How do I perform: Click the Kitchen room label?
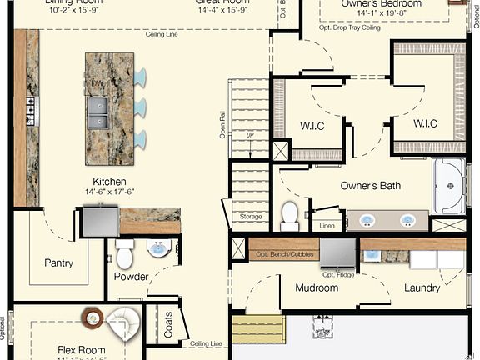point(109,182)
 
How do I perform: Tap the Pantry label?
point(58,263)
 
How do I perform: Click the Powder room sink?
point(158,247)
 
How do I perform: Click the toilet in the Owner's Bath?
point(290,214)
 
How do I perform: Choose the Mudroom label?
point(317,288)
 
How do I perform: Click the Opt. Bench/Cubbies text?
point(283,252)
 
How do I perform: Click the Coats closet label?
point(169,325)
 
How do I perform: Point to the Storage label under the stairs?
point(251,217)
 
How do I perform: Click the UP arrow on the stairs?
point(249,135)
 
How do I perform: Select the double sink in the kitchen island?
point(97,112)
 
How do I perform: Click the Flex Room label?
point(82,350)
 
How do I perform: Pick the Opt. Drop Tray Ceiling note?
point(349,27)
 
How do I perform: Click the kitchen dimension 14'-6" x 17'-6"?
point(109,193)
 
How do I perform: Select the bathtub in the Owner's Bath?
point(450,185)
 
